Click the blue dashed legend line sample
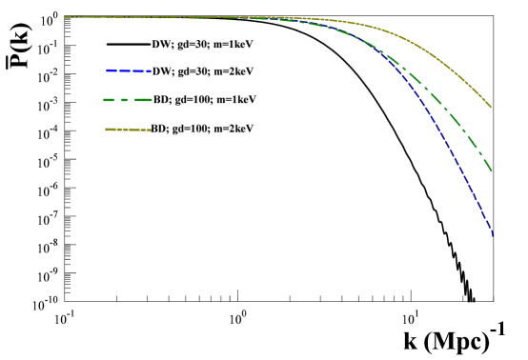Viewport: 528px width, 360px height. tap(129, 70)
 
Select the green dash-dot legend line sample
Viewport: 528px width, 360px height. tap(127, 100)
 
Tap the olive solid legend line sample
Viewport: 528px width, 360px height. tap(128, 130)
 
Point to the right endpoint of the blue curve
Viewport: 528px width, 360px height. tap(493, 235)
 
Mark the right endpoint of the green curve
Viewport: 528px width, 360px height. tap(491, 171)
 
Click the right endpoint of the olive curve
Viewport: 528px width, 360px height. tap(490, 107)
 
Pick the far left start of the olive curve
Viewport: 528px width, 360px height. tap(65, 16)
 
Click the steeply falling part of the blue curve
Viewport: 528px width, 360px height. tap(457, 162)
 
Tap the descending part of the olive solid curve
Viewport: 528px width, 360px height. tap(448, 67)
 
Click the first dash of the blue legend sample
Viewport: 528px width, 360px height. tap(111, 70)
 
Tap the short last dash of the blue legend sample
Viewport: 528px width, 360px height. tap(149, 71)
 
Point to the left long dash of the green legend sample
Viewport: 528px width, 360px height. tap(110, 100)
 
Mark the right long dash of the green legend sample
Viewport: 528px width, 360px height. tap(143, 100)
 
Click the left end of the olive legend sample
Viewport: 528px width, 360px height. tap(107, 130)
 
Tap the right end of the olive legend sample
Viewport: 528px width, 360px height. tap(150, 130)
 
